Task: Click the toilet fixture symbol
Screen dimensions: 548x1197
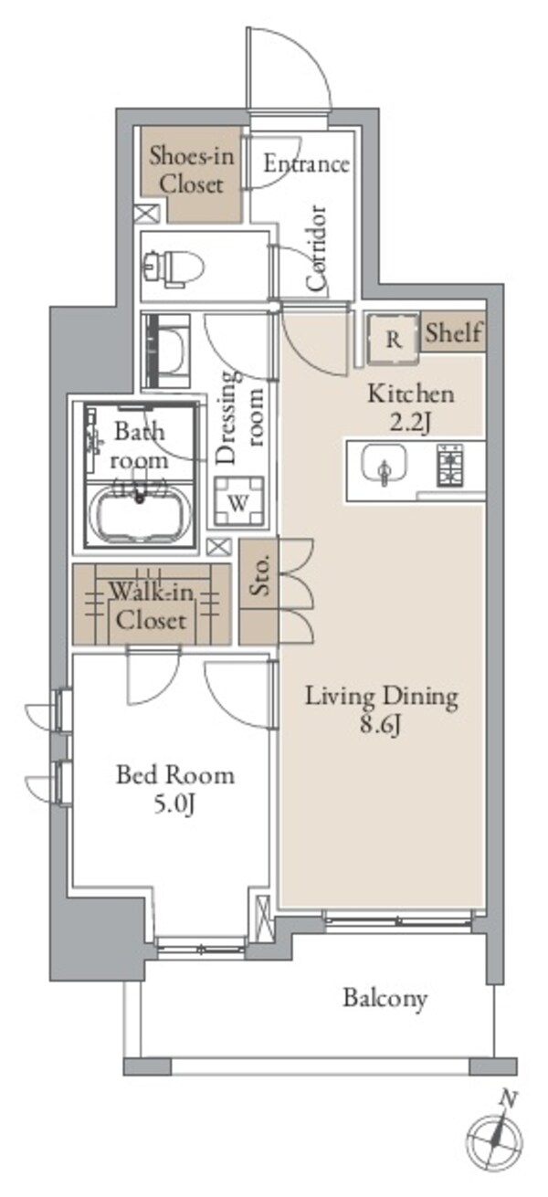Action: pyautogui.click(x=174, y=266)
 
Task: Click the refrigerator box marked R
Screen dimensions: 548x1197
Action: pyautogui.click(x=394, y=339)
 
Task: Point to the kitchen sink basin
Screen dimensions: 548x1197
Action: pyautogui.click(x=384, y=464)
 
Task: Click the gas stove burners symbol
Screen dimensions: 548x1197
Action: pyautogui.click(x=450, y=465)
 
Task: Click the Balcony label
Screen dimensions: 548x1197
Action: pyautogui.click(x=385, y=998)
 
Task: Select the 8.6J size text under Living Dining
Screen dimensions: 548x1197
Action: pyautogui.click(x=380, y=725)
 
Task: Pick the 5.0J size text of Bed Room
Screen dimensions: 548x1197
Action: pyautogui.click(x=174, y=803)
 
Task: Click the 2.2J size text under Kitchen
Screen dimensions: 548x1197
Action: pyautogui.click(x=410, y=423)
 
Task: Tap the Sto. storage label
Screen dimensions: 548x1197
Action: pyautogui.click(x=259, y=578)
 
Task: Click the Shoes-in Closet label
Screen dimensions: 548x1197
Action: pyautogui.click(x=191, y=170)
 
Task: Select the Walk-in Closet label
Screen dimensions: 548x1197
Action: pyautogui.click(x=152, y=606)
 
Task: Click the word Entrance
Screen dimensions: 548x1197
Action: pyautogui.click(x=306, y=163)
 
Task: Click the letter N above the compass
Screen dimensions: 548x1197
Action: pyautogui.click(x=509, y=1099)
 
